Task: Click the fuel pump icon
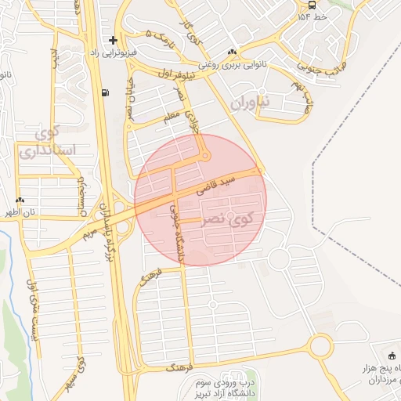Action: [105, 93]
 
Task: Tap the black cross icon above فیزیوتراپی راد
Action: [114, 39]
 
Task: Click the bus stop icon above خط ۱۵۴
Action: [312, 5]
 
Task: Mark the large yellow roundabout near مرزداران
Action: [321, 345]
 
